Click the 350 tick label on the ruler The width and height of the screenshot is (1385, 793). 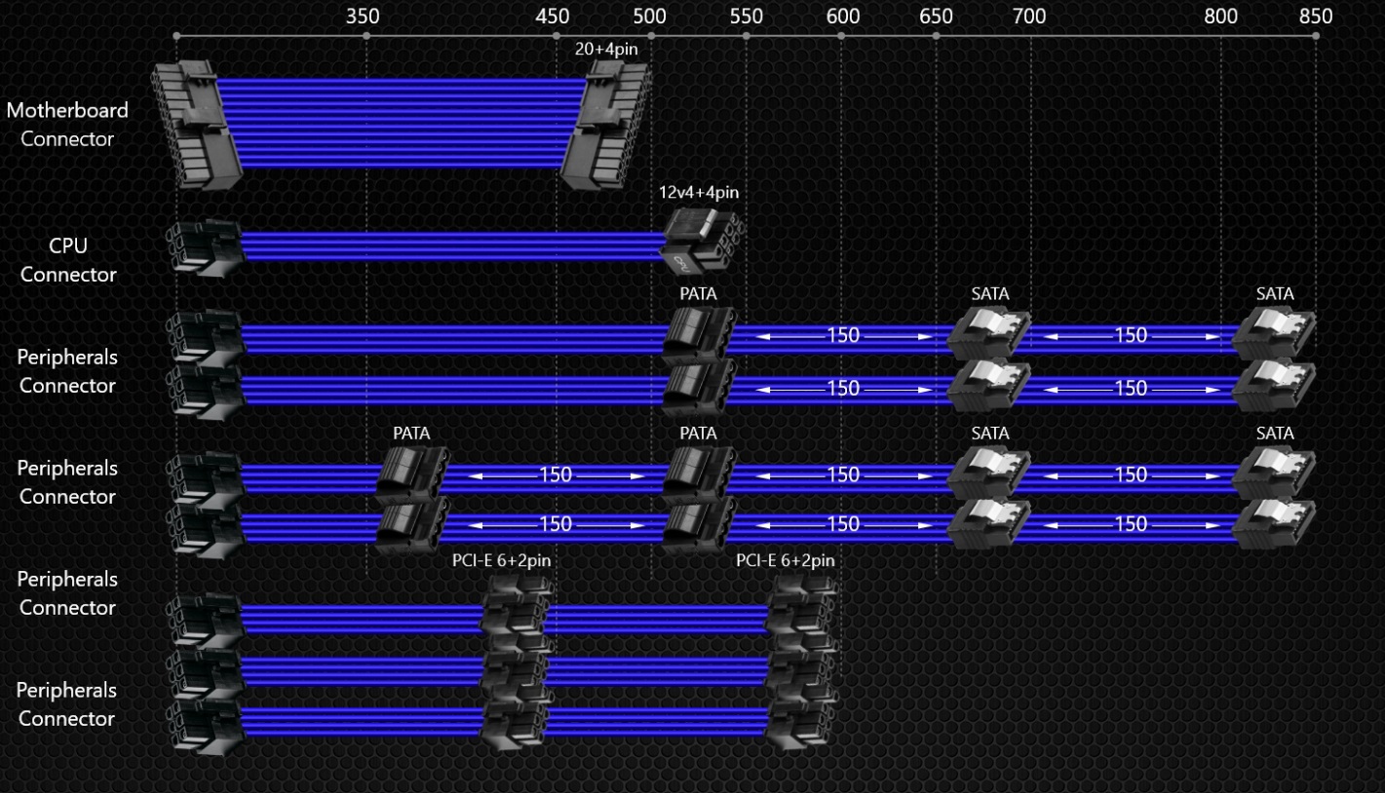(x=363, y=16)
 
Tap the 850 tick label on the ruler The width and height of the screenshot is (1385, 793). (x=1316, y=16)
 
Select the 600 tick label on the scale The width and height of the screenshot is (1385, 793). (x=843, y=16)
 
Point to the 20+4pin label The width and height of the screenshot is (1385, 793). (x=606, y=49)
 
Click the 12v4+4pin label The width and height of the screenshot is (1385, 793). (x=699, y=192)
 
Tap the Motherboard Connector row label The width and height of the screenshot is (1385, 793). (x=67, y=125)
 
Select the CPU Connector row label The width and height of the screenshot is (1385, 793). (x=68, y=259)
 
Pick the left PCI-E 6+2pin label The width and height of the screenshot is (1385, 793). (x=501, y=560)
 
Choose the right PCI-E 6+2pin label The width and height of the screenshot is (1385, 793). (x=786, y=560)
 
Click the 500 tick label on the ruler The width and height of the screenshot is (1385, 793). (x=650, y=16)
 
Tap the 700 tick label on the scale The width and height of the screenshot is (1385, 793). (x=1029, y=16)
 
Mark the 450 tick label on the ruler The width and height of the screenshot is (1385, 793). (x=552, y=16)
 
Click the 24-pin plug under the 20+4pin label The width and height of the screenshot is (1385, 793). (x=606, y=124)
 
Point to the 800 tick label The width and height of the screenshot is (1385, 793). (x=1220, y=16)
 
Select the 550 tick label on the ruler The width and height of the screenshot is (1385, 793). (x=747, y=16)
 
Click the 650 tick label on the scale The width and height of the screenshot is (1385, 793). (x=936, y=16)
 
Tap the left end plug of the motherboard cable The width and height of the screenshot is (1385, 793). (x=197, y=124)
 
